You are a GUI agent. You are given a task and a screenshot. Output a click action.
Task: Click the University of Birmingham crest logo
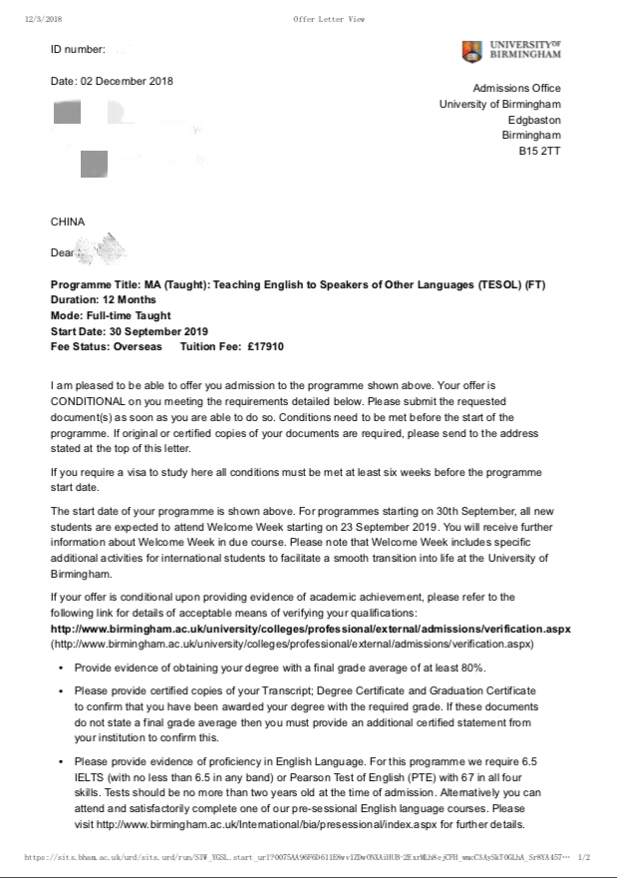pyautogui.click(x=471, y=51)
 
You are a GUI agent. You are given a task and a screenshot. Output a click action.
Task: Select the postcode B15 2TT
pyautogui.click(x=539, y=151)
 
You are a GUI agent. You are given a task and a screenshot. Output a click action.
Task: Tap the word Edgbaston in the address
pyautogui.click(x=534, y=120)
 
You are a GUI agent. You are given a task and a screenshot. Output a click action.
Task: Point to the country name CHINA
pyautogui.click(x=68, y=221)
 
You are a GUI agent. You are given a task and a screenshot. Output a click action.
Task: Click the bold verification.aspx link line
pyautogui.click(x=310, y=630)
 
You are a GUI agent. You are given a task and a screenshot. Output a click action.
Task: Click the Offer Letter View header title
pyautogui.click(x=330, y=19)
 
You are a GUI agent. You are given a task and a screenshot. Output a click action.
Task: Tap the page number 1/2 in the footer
pyautogui.click(x=584, y=857)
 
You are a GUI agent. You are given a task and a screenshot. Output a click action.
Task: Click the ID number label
pyautogui.click(x=77, y=49)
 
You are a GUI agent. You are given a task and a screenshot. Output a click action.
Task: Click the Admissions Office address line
pyautogui.click(x=516, y=89)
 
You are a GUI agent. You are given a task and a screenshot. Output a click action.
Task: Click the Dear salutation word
pyautogui.click(x=63, y=253)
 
